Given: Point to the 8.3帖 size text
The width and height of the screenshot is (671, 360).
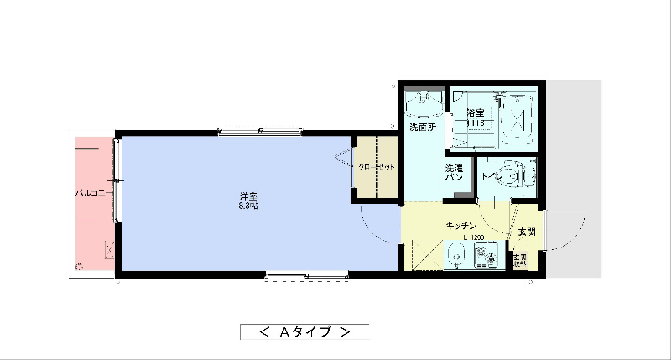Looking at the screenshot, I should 247,206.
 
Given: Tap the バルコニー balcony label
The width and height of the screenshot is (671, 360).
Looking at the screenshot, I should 90,193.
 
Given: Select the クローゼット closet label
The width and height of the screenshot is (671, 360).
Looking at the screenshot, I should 376,167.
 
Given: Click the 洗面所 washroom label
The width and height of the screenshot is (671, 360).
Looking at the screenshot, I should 422,128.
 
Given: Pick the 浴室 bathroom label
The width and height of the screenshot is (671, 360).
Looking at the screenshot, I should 476,112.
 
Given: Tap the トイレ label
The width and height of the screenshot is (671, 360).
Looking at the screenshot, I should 492,177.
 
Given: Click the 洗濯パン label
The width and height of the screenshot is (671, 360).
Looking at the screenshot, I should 454,174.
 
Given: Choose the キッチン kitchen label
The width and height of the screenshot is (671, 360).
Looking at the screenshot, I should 461,226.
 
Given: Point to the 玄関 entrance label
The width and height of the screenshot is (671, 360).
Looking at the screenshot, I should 526,231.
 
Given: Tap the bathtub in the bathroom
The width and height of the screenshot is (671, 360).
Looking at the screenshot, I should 519,117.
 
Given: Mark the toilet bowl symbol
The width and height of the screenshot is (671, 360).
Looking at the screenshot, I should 524,177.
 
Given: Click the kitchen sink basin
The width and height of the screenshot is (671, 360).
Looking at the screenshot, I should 459,257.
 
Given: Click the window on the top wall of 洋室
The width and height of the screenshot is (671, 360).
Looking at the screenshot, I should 260,130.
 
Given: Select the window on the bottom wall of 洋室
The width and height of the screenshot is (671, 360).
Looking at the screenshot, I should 307,274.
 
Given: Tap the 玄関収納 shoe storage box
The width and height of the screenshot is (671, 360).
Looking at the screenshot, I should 521,259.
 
